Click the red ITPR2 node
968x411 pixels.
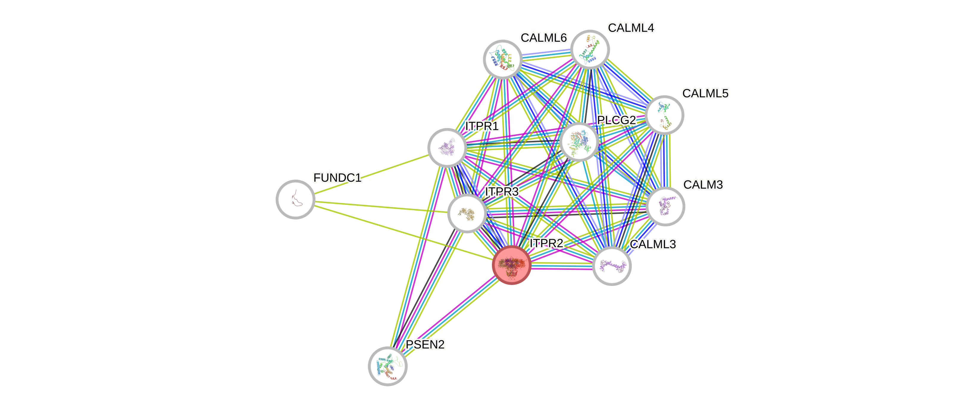tap(512, 265)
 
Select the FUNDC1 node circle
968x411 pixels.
tap(295, 199)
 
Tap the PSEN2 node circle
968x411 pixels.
tap(388, 366)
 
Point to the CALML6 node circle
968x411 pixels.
tap(502, 59)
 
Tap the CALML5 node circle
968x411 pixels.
tap(664, 115)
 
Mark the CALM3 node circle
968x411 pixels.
tap(665, 206)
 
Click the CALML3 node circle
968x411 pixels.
tap(612, 266)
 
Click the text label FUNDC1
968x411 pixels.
tap(337, 178)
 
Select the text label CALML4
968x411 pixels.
tap(631, 27)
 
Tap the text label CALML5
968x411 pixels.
tap(705, 93)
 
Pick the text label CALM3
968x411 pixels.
tap(703, 184)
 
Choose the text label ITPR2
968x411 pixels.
tap(546, 243)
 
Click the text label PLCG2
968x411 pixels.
tap(616, 120)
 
